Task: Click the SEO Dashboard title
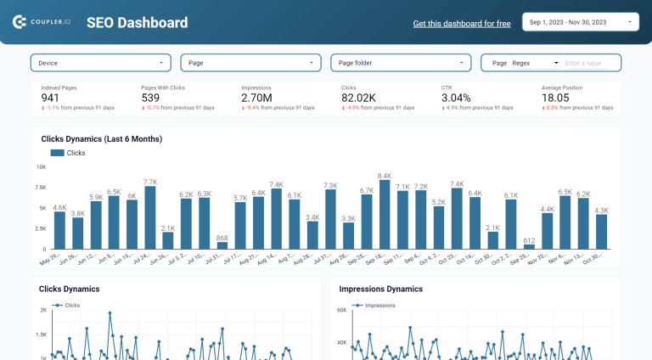(137, 23)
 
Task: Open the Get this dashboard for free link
(461, 24)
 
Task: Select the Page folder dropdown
(402, 63)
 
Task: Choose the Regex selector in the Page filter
(535, 63)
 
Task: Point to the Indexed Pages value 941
(50, 98)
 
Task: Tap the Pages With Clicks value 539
(151, 98)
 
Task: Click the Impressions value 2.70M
(256, 98)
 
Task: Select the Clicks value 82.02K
(359, 98)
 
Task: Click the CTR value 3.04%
(456, 98)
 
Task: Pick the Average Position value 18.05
(555, 98)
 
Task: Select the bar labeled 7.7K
(150, 217)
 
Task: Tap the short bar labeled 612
(529, 246)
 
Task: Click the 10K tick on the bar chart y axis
(41, 167)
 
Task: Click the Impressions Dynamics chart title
(380, 289)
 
